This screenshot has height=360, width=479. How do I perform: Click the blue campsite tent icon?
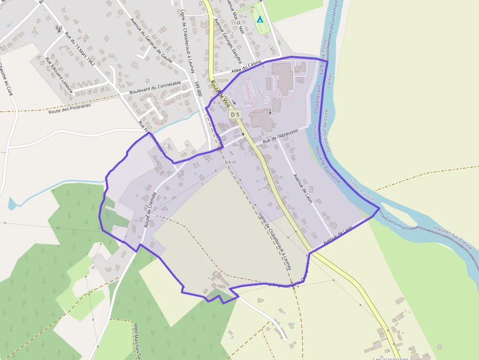point(260,20)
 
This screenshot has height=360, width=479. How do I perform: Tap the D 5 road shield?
point(235,114)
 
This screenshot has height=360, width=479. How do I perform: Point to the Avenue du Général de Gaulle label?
point(151,41)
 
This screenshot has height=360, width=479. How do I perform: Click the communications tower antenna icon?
point(59,28)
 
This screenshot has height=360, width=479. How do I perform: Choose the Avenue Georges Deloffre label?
point(228,41)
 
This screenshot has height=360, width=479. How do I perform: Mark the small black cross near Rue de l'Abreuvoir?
point(243,134)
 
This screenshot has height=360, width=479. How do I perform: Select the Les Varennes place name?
point(391,358)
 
